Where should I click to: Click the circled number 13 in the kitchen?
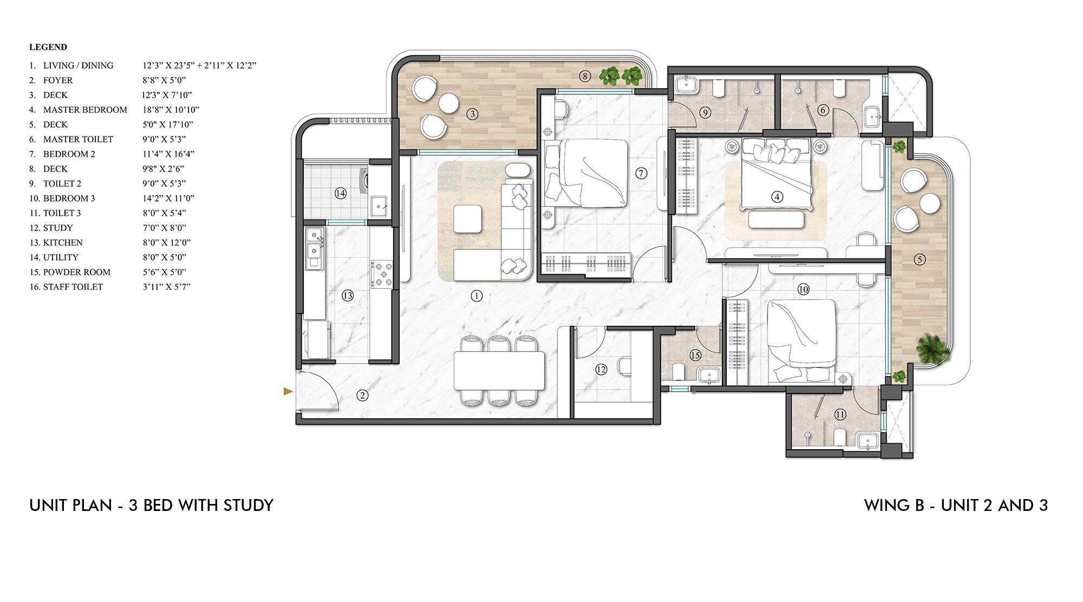(x=348, y=295)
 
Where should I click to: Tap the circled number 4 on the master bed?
(x=778, y=197)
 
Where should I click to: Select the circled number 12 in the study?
(x=601, y=370)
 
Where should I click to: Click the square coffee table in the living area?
(x=468, y=219)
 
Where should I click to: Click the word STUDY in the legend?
(x=58, y=228)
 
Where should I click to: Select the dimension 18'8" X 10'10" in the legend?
(x=168, y=110)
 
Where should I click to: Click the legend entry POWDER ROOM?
(x=76, y=272)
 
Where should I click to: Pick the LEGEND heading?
(x=48, y=47)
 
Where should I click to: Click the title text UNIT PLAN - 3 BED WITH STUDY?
(x=152, y=506)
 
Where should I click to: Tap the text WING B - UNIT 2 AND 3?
(x=956, y=506)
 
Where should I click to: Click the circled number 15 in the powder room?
(x=695, y=355)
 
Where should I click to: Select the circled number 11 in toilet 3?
(x=840, y=415)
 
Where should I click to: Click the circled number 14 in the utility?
(x=340, y=193)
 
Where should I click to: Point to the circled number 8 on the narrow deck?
(x=585, y=76)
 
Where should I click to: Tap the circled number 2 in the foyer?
(x=362, y=396)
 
